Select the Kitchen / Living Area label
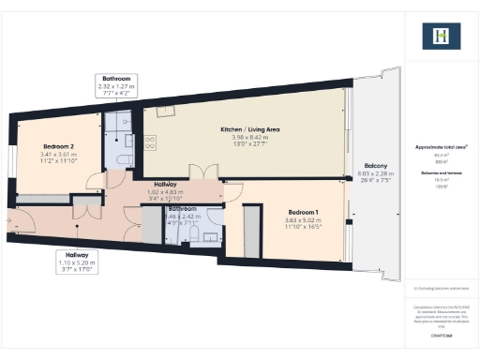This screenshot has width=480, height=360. click(250, 129)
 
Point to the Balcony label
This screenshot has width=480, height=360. click(377, 165)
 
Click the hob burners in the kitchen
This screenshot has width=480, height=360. click(151, 141)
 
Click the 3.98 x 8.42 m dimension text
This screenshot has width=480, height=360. click(250, 138)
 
